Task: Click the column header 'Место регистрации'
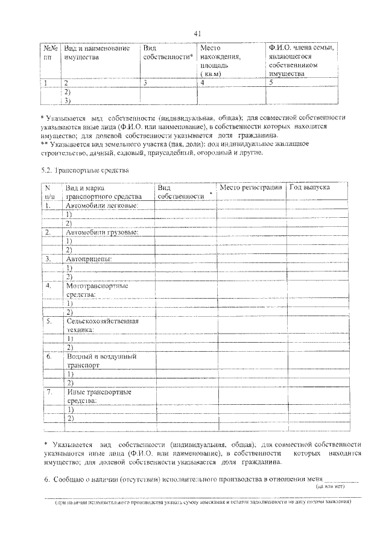(x=251, y=188)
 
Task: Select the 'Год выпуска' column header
(x=309, y=188)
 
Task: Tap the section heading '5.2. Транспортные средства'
(x=86, y=171)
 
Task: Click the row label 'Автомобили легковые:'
(x=102, y=206)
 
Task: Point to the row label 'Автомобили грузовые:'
(x=102, y=232)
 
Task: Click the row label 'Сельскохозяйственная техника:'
(x=102, y=326)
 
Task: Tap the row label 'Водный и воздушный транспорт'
(x=100, y=361)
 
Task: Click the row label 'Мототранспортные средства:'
(x=96, y=290)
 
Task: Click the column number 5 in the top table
(x=271, y=83)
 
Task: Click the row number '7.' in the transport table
(x=49, y=392)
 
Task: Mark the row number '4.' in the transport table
(x=49, y=285)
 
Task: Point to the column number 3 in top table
(x=145, y=83)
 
